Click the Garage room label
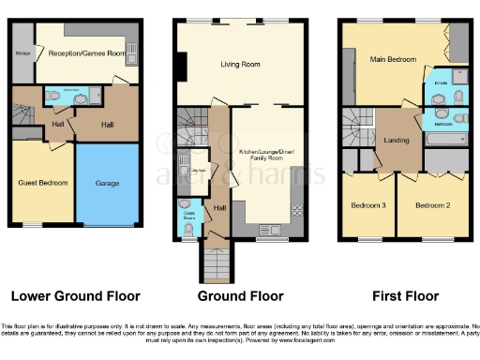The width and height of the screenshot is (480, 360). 107,184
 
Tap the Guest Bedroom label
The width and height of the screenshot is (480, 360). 42,184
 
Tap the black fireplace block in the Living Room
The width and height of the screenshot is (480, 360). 184,66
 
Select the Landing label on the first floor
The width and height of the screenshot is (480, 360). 397,141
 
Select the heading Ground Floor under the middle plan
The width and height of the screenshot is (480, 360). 240,296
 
